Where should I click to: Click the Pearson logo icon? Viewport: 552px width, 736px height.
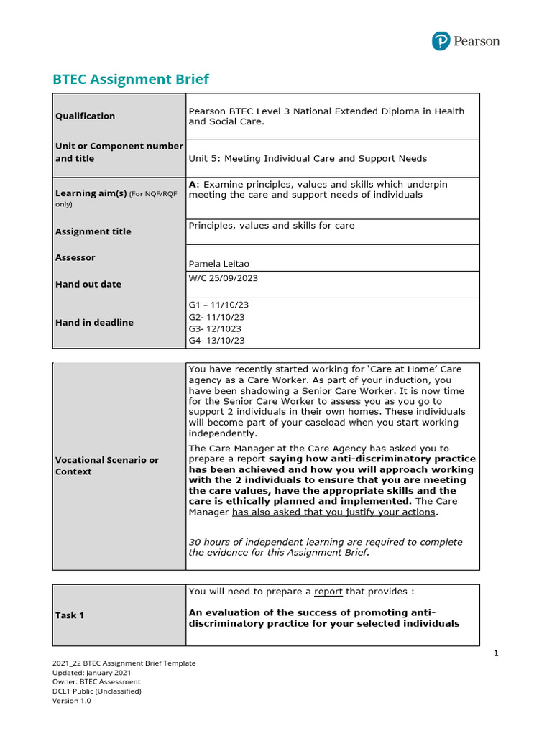click(441, 41)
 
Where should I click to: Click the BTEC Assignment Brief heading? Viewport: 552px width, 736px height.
click(131, 79)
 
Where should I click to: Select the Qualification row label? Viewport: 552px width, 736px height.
click(85, 116)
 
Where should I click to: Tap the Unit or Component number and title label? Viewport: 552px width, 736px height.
click(119, 152)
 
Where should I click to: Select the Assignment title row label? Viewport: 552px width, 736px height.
click(93, 231)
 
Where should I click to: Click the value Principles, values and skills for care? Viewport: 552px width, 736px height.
click(271, 225)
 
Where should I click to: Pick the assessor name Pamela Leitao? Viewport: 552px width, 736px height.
click(218, 264)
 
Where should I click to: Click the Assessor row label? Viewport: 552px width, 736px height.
click(75, 257)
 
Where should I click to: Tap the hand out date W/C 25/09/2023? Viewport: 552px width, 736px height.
click(223, 277)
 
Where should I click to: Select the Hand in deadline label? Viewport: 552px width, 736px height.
click(94, 323)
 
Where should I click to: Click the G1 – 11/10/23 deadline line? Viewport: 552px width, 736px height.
click(218, 305)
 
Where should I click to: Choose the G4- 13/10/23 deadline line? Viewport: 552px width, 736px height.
click(216, 341)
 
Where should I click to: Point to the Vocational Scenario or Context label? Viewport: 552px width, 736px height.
click(107, 466)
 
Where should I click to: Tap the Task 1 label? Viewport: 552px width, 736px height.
click(70, 615)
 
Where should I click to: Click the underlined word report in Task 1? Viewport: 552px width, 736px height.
click(328, 592)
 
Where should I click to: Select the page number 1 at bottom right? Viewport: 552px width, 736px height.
click(496, 653)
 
